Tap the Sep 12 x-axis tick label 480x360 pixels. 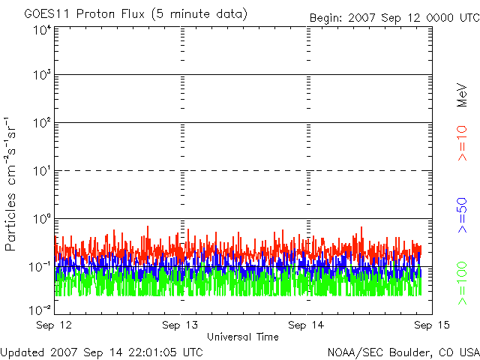(55, 325)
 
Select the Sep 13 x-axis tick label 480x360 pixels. (181, 325)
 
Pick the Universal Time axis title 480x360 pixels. (242, 337)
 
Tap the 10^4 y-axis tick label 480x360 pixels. (41, 30)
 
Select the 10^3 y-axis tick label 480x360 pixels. (41, 75)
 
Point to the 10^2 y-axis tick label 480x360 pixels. (41, 123)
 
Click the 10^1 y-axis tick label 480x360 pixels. (41, 171)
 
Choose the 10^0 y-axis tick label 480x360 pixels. (41, 219)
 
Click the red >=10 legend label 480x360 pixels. (462, 142)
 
